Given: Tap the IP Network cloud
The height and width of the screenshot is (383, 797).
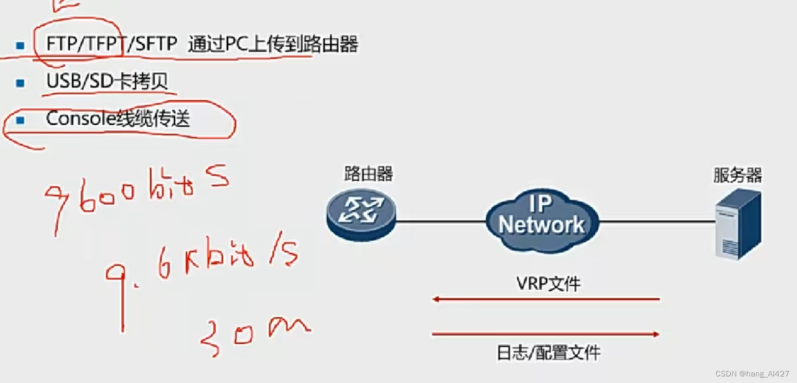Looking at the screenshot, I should coord(541,220).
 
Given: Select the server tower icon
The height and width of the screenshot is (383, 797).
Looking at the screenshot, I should coord(738,224).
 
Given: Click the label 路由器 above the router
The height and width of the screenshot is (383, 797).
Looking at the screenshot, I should coord(368,174).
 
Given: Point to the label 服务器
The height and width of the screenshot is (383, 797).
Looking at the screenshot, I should coord(737,176).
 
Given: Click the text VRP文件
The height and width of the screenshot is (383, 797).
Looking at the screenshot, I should coord(548,284).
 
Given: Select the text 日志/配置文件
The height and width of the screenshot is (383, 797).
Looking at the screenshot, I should coord(548,352).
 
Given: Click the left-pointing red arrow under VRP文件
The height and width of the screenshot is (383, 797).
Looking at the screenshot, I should coord(545,299).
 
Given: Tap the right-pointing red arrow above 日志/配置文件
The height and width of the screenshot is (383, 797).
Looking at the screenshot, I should coord(545,334).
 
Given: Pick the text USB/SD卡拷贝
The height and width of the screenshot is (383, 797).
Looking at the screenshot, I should coord(107,81).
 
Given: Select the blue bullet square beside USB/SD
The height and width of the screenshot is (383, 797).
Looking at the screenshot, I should coord(20,83).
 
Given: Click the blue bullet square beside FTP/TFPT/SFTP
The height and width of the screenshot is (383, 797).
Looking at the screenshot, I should coord(20,46).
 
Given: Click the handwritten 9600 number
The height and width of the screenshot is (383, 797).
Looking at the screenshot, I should coord(92,196).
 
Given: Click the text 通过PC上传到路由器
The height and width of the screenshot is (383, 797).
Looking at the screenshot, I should coord(273,45).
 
